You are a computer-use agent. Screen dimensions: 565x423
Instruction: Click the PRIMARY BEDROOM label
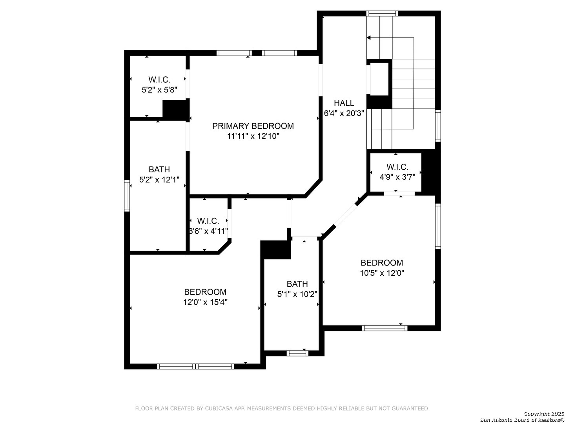coord(253,126)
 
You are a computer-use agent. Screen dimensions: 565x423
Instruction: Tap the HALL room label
coord(344,103)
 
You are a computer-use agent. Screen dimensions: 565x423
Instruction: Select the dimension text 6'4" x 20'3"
coord(344,113)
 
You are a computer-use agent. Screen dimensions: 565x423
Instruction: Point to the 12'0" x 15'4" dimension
coord(205,302)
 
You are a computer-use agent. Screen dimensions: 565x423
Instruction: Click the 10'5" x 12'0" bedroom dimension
coord(382,273)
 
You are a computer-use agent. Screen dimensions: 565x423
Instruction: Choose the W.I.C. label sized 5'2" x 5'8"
coord(159,80)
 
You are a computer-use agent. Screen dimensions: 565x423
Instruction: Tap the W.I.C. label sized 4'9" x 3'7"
coord(397,167)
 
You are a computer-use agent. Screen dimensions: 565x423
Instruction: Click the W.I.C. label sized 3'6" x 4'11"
coord(208,221)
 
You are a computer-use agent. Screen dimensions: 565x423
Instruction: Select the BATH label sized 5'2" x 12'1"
coord(159,170)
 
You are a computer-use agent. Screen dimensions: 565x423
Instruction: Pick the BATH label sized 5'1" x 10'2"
coord(297,284)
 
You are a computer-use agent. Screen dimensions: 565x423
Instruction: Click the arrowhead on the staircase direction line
coord(368,38)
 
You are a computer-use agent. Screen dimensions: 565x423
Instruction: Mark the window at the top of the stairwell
coord(382,13)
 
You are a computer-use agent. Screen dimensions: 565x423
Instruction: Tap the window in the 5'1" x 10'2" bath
coord(297,353)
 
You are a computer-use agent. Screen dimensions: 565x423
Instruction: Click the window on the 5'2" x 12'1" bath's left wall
coord(127,196)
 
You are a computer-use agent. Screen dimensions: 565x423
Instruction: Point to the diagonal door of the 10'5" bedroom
coord(345,215)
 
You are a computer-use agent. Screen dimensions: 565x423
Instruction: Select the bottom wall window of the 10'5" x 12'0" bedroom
coord(385,328)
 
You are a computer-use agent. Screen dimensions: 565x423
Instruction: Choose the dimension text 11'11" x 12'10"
coord(253,136)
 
